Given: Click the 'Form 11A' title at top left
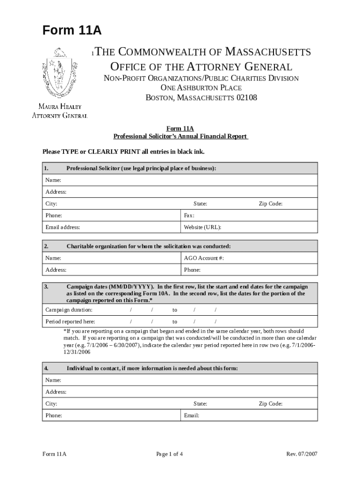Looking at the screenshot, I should click(72, 31).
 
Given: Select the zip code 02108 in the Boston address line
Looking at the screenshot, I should click(246, 98).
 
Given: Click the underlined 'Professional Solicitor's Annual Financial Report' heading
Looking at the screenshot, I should click(180, 137).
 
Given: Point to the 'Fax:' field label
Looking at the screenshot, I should click(189, 216).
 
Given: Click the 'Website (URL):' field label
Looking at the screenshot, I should click(202, 227).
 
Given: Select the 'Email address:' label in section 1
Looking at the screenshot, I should click(63, 227).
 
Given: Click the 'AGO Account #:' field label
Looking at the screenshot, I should click(204, 258).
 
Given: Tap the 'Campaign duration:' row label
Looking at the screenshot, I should click(69, 310).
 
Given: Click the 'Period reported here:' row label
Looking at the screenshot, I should click(70, 321).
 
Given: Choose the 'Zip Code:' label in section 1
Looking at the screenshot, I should click(271, 204).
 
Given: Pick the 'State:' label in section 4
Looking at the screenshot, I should click(200, 404).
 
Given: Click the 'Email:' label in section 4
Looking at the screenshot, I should click(192, 415).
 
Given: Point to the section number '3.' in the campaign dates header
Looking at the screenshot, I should click(46, 287).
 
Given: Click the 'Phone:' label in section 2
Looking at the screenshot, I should click(192, 270).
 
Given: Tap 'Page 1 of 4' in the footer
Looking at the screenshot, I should click(170, 454).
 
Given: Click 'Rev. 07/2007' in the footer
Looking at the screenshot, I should click(302, 454).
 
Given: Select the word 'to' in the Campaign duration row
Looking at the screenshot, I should click(174, 310).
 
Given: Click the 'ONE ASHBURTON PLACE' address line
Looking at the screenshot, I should click(201, 88).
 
